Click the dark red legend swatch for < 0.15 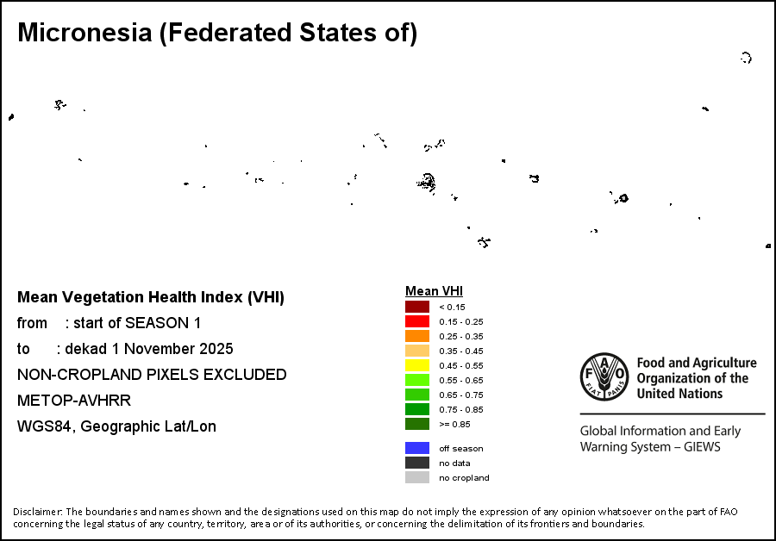(417, 307)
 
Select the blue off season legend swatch (417, 448)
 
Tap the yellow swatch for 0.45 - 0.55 (417, 365)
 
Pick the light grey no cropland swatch (417, 477)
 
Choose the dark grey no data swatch (417, 463)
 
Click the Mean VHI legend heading (434, 291)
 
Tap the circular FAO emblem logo (604, 377)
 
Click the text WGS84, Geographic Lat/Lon (116, 426)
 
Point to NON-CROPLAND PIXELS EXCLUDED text (152, 375)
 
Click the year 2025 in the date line (216, 349)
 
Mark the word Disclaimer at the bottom (38, 512)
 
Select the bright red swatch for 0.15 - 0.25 (417, 321)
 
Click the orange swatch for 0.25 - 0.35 (417, 336)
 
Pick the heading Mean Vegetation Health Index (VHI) (151, 297)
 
